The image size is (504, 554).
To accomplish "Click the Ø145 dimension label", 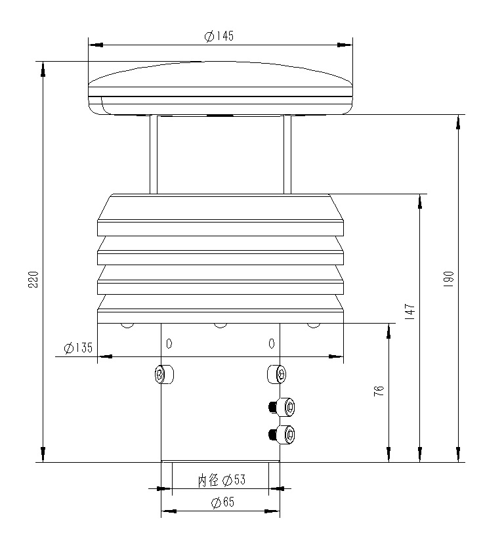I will (219, 37).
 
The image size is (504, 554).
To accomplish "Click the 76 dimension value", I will (379, 391).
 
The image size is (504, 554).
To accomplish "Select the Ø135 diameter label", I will (78, 348).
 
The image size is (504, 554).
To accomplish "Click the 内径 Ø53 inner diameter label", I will (221, 480).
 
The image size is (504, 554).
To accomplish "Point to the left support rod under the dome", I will (154, 154).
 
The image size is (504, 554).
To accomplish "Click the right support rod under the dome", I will (287, 154).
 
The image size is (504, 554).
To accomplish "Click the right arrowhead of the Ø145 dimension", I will (345, 45).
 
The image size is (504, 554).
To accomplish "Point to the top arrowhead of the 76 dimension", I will (389, 330).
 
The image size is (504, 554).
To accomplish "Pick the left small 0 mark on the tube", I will (169, 343).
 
